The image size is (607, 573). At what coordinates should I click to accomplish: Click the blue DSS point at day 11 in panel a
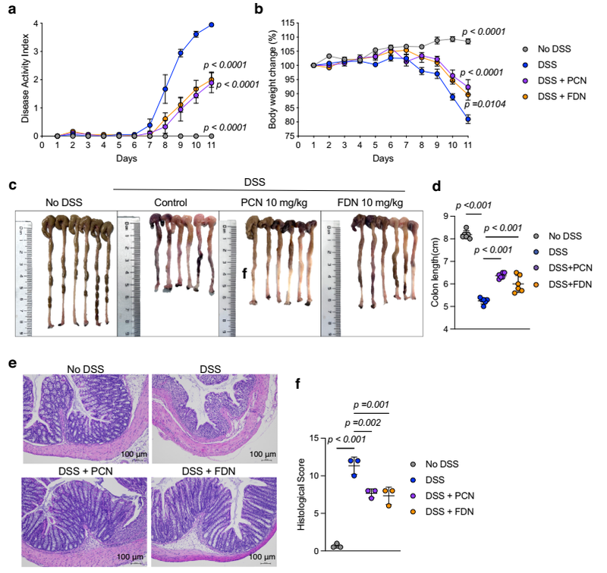(212, 25)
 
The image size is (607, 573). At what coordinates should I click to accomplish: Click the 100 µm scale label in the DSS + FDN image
(258, 559)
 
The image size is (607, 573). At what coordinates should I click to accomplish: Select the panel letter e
(14, 362)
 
